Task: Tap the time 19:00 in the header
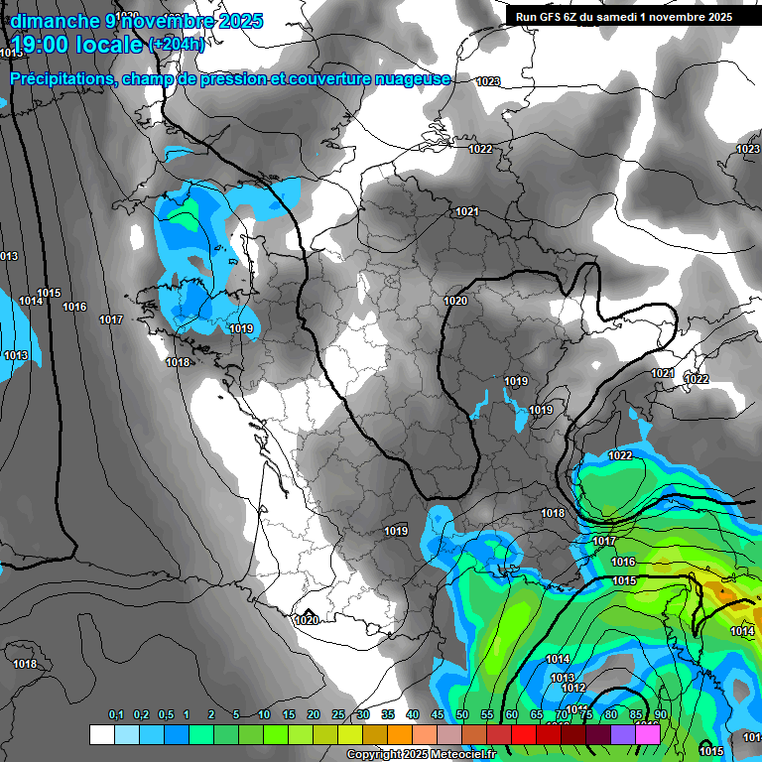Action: tap(40, 45)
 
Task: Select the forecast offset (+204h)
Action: tap(177, 44)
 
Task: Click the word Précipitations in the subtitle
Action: tap(63, 78)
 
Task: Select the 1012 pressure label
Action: tap(573, 688)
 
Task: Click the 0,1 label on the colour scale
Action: tap(116, 714)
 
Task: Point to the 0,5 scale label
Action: tap(165, 714)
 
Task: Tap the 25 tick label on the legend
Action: tap(338, 714)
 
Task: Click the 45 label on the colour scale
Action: tap(438, 714)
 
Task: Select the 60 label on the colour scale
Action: tap(512, 714)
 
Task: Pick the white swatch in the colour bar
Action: tap(101, 734)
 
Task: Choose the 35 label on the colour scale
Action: tap(388, 714)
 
